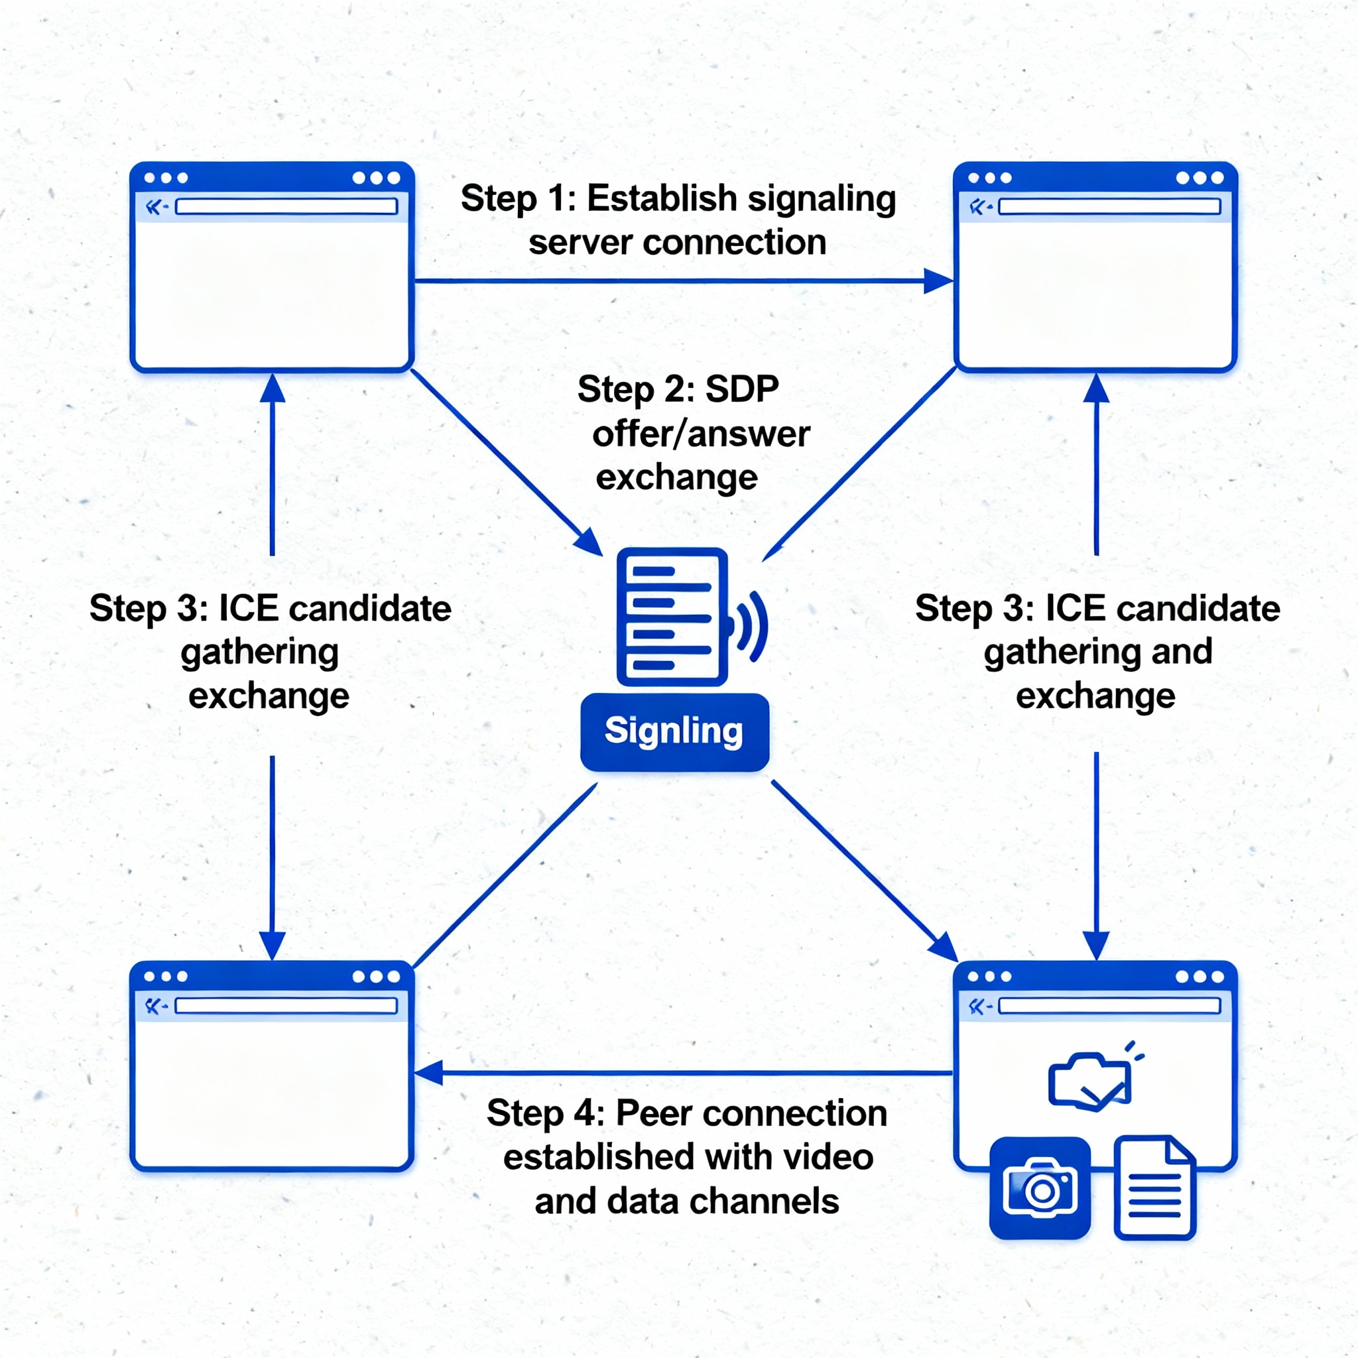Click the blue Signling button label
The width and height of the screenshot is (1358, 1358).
point(674,731)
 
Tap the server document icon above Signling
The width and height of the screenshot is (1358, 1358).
point(671,617)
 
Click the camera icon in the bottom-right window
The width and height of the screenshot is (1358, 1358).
point(1040,1188)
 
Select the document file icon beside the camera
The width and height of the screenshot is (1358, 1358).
point(1154,1187)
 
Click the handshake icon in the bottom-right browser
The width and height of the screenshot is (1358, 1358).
point(1090,1081)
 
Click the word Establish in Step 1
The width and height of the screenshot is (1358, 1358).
point(661,198)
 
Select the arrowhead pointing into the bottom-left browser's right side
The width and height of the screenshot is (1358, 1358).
point(428,1074)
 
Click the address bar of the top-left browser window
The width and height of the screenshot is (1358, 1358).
point(286,207)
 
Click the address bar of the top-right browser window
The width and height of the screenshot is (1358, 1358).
point(1109,207)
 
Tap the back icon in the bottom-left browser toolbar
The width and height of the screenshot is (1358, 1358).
point(153,1006)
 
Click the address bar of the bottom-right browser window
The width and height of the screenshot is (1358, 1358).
point(1109,1006)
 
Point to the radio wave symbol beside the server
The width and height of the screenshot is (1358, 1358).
point(751,626)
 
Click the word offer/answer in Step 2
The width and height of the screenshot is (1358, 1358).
point(701,434)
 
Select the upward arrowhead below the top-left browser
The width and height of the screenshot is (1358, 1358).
point(272,389)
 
